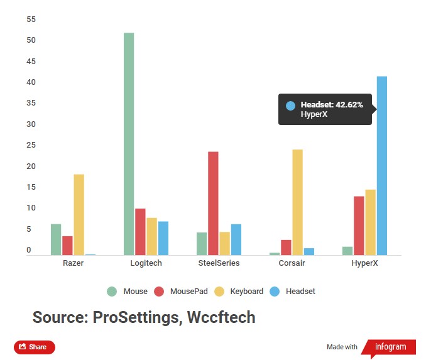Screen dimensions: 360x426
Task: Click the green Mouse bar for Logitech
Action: pos(129,144)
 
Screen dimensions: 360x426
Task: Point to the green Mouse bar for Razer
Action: pos(56,239)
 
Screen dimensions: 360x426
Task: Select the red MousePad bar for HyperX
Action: pos(359,226)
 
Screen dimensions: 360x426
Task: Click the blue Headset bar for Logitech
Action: pos(163,238)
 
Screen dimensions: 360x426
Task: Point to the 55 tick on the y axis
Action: pos(31,19)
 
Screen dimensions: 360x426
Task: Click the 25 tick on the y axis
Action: pos(31,145)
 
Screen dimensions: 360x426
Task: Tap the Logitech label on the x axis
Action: pos(146,263)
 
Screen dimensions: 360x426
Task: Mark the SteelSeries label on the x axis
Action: pos(219,263)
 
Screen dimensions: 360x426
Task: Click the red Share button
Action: pos(35,347)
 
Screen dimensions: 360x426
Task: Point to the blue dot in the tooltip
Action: pos(290,106)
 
